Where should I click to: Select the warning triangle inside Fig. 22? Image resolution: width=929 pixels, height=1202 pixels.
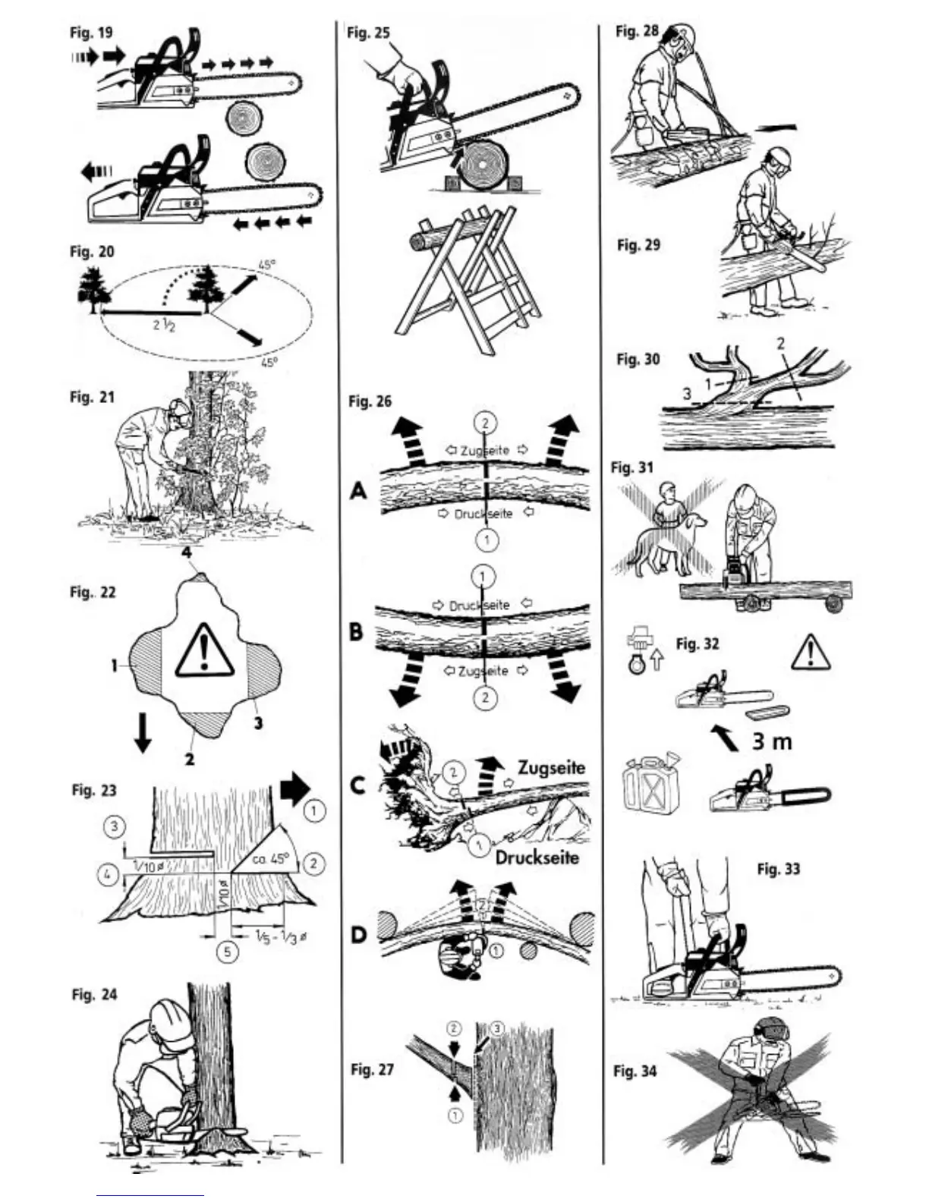[x=203, y=649]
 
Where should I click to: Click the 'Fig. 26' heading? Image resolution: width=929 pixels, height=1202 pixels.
[x=370, y=401]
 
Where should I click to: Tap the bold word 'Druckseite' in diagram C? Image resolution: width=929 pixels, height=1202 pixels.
[x=537, y=857]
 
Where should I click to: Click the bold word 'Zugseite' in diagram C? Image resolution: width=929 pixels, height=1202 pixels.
[x=552, y=768]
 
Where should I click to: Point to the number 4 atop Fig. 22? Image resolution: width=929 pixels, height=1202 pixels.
[x=186, y=552]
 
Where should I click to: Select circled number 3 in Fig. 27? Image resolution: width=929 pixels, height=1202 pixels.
[x=497, y=1029]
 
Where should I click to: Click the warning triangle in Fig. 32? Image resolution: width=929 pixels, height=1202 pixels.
[x=811, y=653]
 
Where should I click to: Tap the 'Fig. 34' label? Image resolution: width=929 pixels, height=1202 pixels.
[x=635, y=1071]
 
